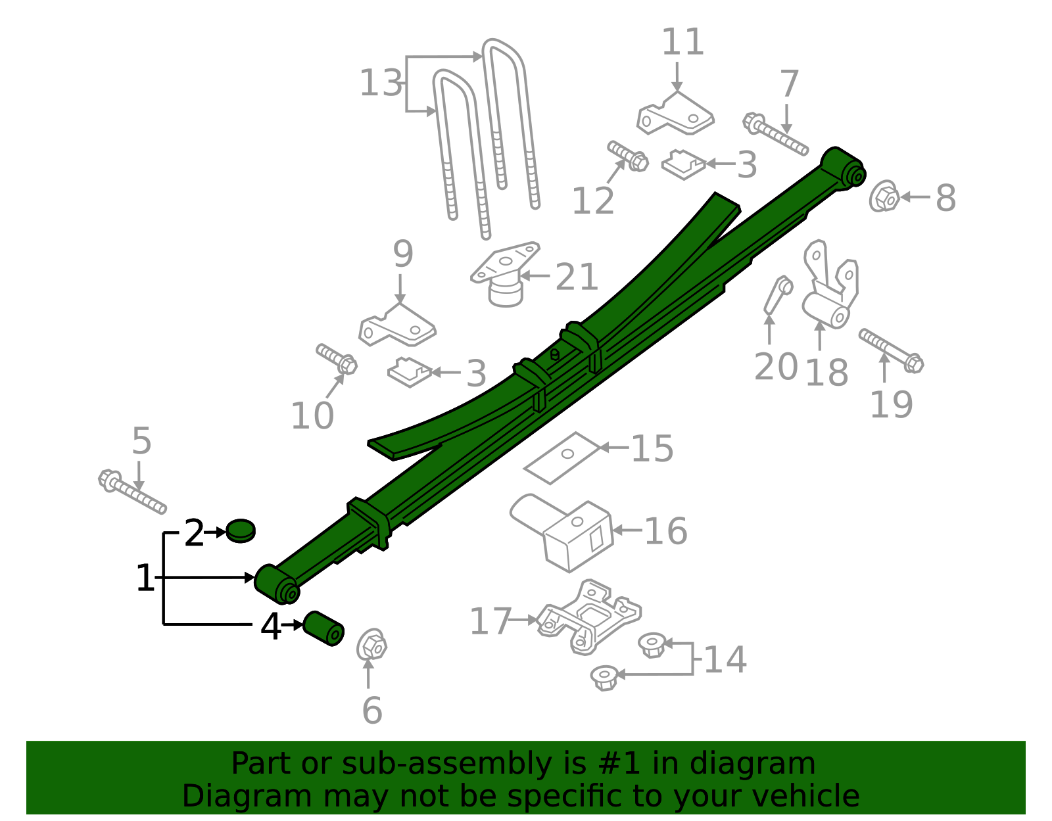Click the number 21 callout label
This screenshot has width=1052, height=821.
(x=576, y=277)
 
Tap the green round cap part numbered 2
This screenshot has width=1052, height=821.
(x=241, y=531)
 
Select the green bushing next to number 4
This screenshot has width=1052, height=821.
(x=323, y=628)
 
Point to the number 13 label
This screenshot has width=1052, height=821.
(x=381, y=83)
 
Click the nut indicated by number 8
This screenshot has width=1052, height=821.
(x=884, y=197)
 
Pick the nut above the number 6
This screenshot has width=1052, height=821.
(x=371, y=644)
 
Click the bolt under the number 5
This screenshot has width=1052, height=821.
(x=132, y=491)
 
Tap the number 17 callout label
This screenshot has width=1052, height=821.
(x=490, y=621)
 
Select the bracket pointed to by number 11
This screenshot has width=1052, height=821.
(x=675, y=114)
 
